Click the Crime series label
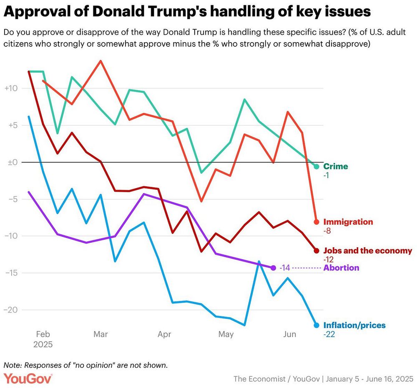point(335,166)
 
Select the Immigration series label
point(348,222)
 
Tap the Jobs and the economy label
point(367,251)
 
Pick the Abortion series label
point(341,268)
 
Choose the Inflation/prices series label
point(354,325)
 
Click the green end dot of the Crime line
point(316,166)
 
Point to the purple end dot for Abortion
point(274,268)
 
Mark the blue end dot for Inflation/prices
point(316,325)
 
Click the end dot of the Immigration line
point(316,222)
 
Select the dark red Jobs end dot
point(316,251)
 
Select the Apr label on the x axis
point(165,334)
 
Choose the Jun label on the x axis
point(289,334)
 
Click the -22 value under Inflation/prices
point(329,334)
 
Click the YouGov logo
point(28,378)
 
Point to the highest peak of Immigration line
point(100,61)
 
